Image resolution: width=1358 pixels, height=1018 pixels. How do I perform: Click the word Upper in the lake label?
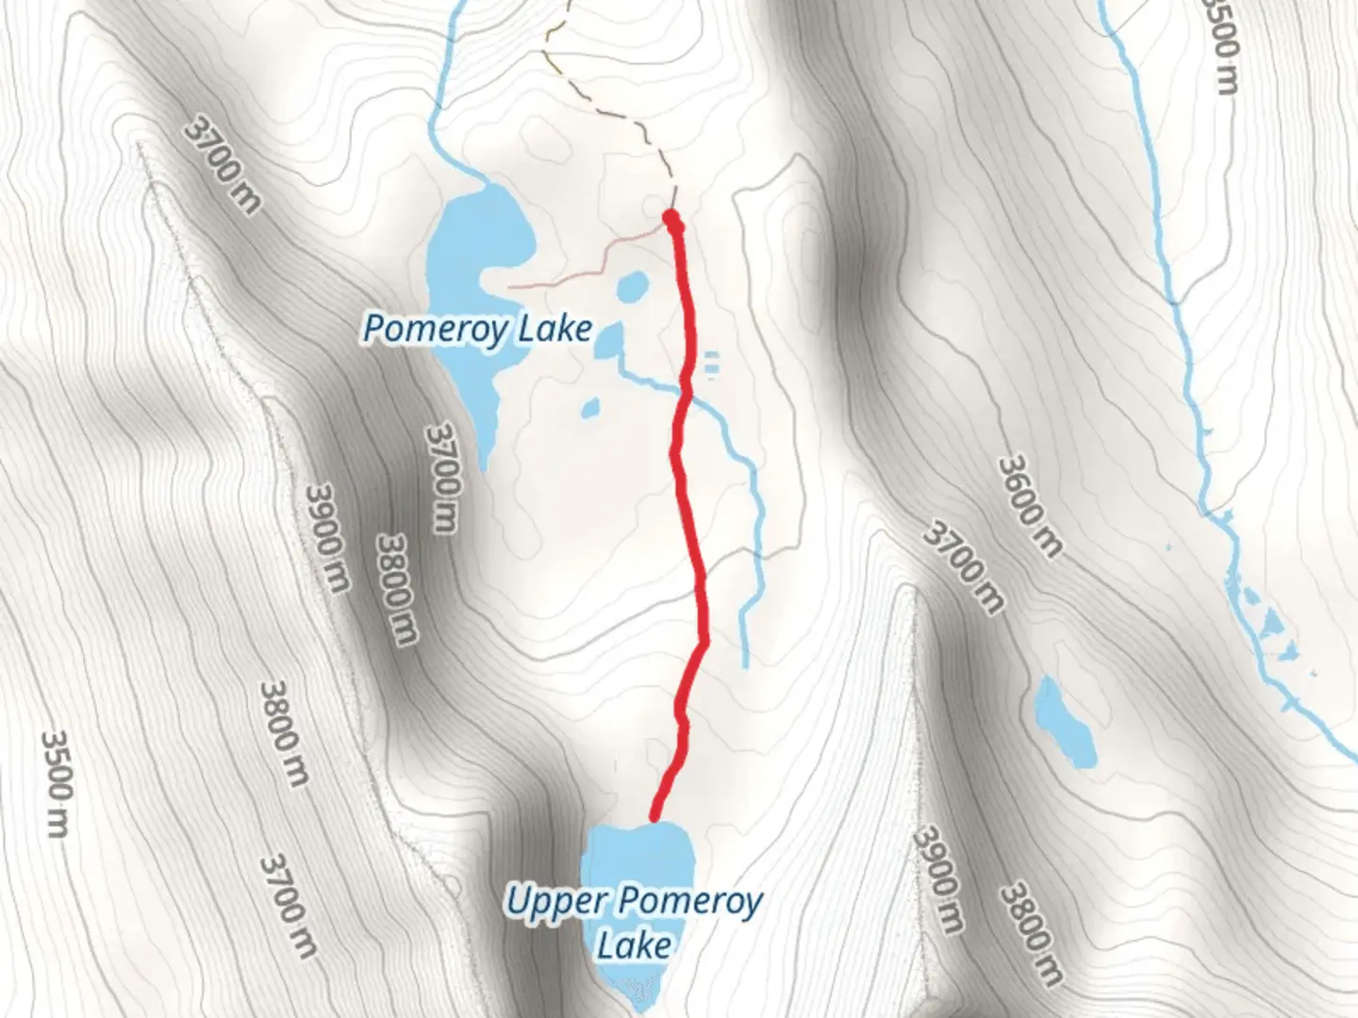click(556, 901)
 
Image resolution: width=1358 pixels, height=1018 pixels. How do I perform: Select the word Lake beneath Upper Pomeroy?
click(634, 944)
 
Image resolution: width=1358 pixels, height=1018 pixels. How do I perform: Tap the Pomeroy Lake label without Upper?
click(478, 329)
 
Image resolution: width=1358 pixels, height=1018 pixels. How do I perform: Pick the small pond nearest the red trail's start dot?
click(632, 286)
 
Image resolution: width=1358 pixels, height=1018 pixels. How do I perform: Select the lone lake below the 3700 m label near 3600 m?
click(1066, 721)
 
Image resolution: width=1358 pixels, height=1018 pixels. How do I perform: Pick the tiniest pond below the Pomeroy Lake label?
click(591, 408)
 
